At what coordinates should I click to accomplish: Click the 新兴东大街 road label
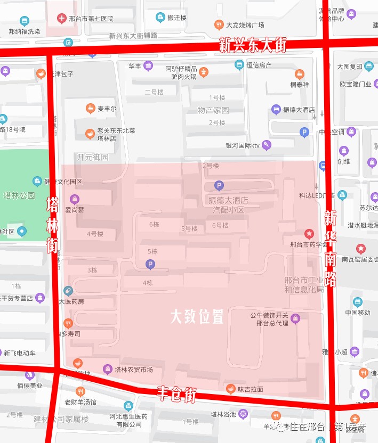coord(253,46)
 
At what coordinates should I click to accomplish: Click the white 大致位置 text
coord(197,317)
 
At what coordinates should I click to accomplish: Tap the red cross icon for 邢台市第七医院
coord(62,19)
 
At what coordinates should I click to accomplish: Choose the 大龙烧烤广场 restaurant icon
coord(219,24)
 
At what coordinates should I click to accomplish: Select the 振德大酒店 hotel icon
coord(276,110)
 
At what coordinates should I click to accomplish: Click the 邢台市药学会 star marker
coord(309,234)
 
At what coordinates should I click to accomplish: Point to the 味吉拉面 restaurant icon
coord(230,389)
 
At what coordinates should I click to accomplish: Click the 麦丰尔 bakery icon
coord(91,109)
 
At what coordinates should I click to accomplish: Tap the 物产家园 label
coord(213,110)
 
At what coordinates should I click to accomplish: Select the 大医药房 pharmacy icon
coord(68,291)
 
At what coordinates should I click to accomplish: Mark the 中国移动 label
coord(357,313)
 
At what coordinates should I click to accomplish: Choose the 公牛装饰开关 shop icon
coord(296,319)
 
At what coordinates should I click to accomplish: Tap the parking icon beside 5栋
coord(150,264)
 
